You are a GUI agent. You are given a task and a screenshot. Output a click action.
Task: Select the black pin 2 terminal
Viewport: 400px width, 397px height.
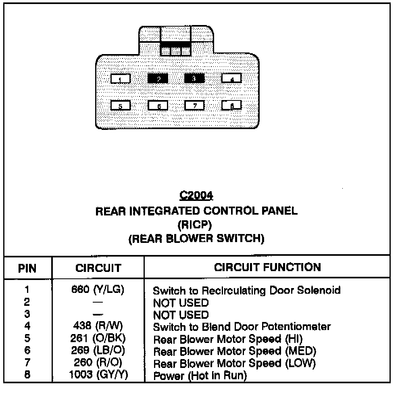point(158,78)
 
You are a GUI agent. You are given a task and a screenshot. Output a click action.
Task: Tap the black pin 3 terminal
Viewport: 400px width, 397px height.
point(194,78)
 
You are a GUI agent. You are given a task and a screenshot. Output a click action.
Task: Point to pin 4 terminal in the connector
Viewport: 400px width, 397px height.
point(231,79)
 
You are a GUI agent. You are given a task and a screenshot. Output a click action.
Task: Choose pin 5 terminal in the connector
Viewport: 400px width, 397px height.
point(121,105)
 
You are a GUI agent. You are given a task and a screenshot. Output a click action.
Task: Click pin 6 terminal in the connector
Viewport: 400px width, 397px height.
point(158,105)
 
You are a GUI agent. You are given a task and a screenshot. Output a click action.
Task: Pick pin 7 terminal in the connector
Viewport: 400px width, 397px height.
point(194,105)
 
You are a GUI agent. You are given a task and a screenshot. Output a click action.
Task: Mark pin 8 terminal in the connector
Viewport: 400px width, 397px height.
point(231,105)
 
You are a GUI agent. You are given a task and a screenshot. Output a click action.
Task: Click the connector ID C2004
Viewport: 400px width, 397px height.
point(196,196)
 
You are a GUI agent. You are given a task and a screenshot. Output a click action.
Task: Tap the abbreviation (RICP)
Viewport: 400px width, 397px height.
point(196,225)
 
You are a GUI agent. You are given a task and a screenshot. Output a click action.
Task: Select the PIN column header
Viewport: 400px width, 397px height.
point(28,268)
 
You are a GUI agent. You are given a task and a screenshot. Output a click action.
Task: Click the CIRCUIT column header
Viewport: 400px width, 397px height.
point(98,268)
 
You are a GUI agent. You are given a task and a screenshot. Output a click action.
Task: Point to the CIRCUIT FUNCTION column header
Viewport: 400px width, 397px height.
point(267,267)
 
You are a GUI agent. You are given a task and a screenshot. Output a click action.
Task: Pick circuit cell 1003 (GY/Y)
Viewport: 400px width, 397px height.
point(98,376)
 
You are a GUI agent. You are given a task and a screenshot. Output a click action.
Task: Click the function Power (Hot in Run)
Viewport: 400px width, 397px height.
point(200,376)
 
